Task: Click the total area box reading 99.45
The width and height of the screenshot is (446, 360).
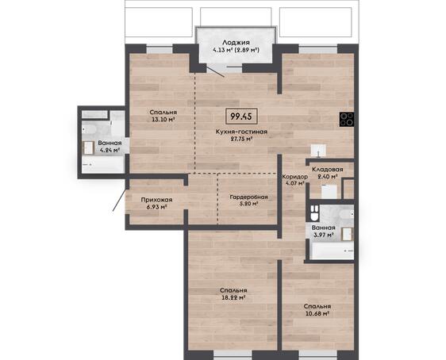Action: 241,117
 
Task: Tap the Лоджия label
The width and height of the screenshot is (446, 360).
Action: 236,43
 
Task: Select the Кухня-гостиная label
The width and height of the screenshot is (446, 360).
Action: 241,132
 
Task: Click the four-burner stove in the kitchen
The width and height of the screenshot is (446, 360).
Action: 347,119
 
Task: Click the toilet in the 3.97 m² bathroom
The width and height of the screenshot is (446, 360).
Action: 314,213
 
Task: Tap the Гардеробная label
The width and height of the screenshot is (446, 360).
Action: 249,197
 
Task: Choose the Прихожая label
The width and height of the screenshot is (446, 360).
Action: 156,200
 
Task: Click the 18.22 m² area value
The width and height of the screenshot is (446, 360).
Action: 233,298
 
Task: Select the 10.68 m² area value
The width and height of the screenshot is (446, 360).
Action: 317,314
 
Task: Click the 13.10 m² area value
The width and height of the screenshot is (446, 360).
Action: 163,119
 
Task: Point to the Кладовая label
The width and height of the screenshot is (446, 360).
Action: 328,170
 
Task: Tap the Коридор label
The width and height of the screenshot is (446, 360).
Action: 295,177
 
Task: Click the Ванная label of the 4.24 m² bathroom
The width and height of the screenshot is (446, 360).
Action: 110,143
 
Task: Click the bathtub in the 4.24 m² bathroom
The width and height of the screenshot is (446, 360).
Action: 103,164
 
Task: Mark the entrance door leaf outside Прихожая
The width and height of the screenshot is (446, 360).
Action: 120,201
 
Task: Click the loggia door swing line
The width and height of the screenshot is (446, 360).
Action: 215,71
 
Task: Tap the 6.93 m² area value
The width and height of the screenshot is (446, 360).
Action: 156,207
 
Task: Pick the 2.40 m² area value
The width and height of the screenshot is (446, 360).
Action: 328,177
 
